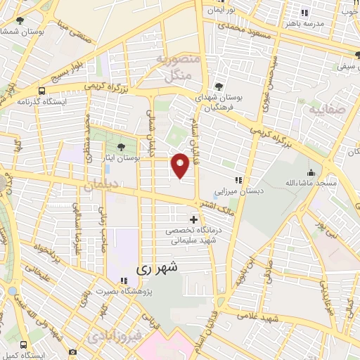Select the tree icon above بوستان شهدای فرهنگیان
coord(220,86)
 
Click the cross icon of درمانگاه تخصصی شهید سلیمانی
coord(194,219)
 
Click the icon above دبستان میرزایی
coord(240,179)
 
